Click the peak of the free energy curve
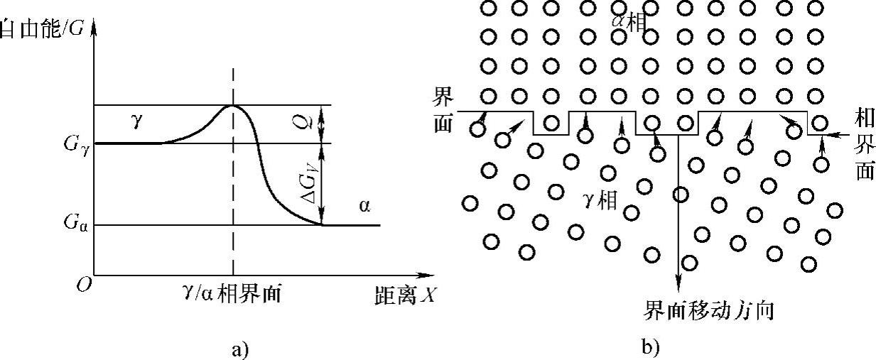click(233, 105)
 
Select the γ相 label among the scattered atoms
click(600, 200)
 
